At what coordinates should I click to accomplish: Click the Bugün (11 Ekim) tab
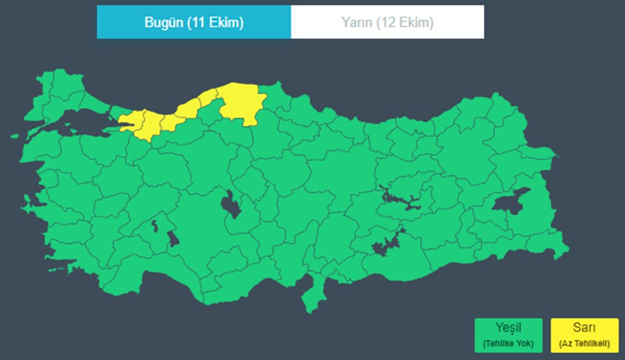tap(194, 22)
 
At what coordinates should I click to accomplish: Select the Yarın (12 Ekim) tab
tap(387, 22)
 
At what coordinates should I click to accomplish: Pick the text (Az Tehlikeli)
tap(584, 343)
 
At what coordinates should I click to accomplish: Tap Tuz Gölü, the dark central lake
tap(231, 205)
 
